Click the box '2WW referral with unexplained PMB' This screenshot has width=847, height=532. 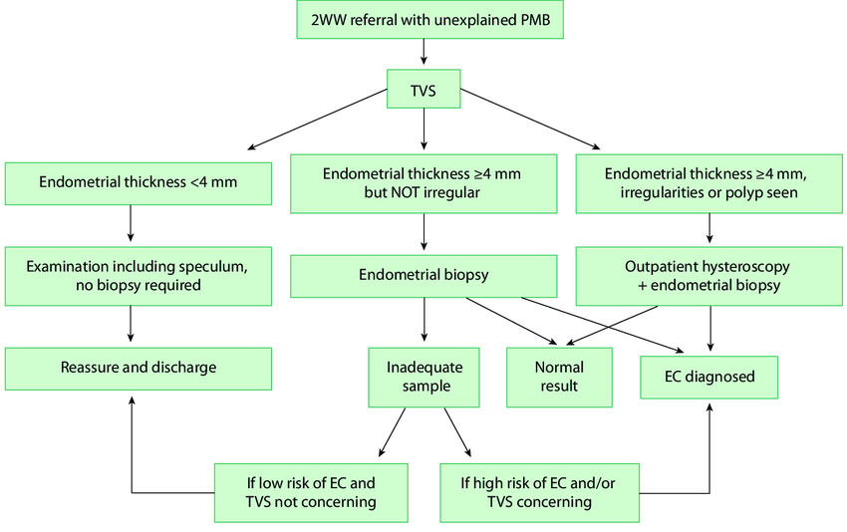(x=429, y=20)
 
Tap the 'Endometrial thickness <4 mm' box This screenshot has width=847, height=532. (x=140, y=182)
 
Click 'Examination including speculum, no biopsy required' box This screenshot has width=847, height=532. (x=138, y=276)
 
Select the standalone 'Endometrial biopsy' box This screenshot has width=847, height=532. (x=423, y=276)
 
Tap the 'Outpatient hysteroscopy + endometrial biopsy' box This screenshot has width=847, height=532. (x=707, y=276)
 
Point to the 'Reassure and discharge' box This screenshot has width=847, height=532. (x=138, y=368)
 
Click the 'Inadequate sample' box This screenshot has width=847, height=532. (x=423, y=377)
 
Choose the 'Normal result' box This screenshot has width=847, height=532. (x=559, y=377)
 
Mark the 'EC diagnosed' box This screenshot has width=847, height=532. (x=709, y=377)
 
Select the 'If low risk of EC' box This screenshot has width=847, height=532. (x=312, y=492)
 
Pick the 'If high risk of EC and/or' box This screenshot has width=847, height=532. (x=539, y=492)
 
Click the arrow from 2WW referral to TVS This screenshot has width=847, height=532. (x=423, y=53)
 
